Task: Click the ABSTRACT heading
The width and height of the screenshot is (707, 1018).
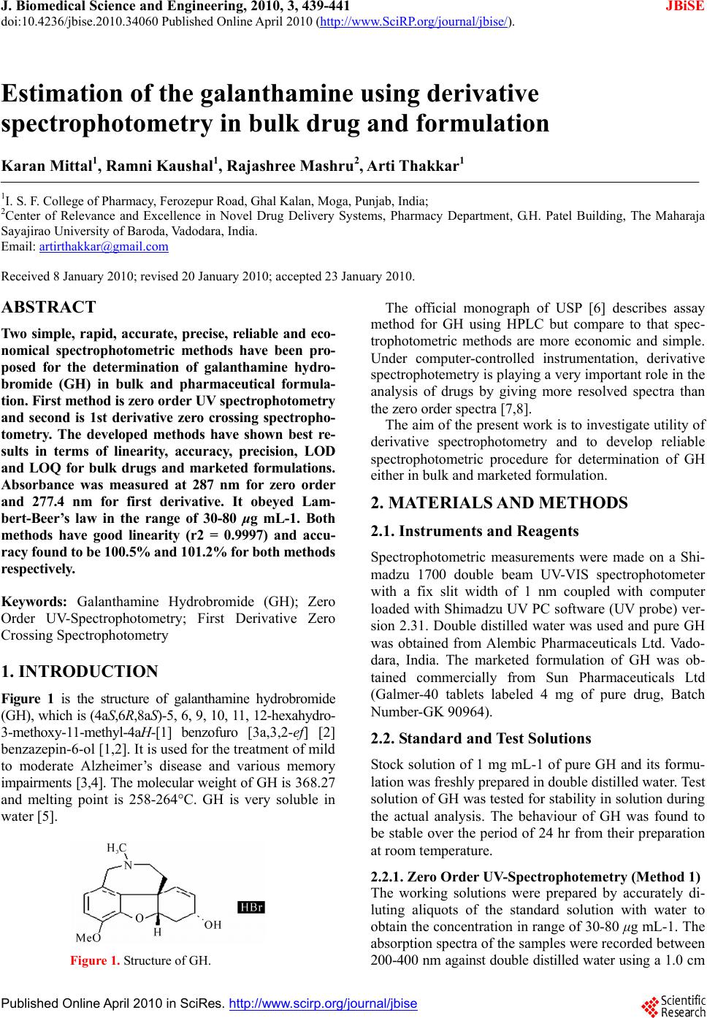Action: click(49, 307)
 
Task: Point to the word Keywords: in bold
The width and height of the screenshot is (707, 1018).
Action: click(34, 602)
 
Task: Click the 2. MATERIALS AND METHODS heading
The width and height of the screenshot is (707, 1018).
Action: click(499, 502)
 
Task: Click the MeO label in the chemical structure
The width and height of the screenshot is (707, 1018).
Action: click(88, 937)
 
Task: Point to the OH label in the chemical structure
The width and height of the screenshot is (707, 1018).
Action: click(213, 925)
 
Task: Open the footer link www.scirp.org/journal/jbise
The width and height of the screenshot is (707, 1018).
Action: click(323, 1003)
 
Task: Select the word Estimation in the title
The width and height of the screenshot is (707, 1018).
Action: click(69, 94)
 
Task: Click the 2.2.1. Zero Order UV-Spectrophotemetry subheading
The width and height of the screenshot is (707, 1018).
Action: click(535, 876)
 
